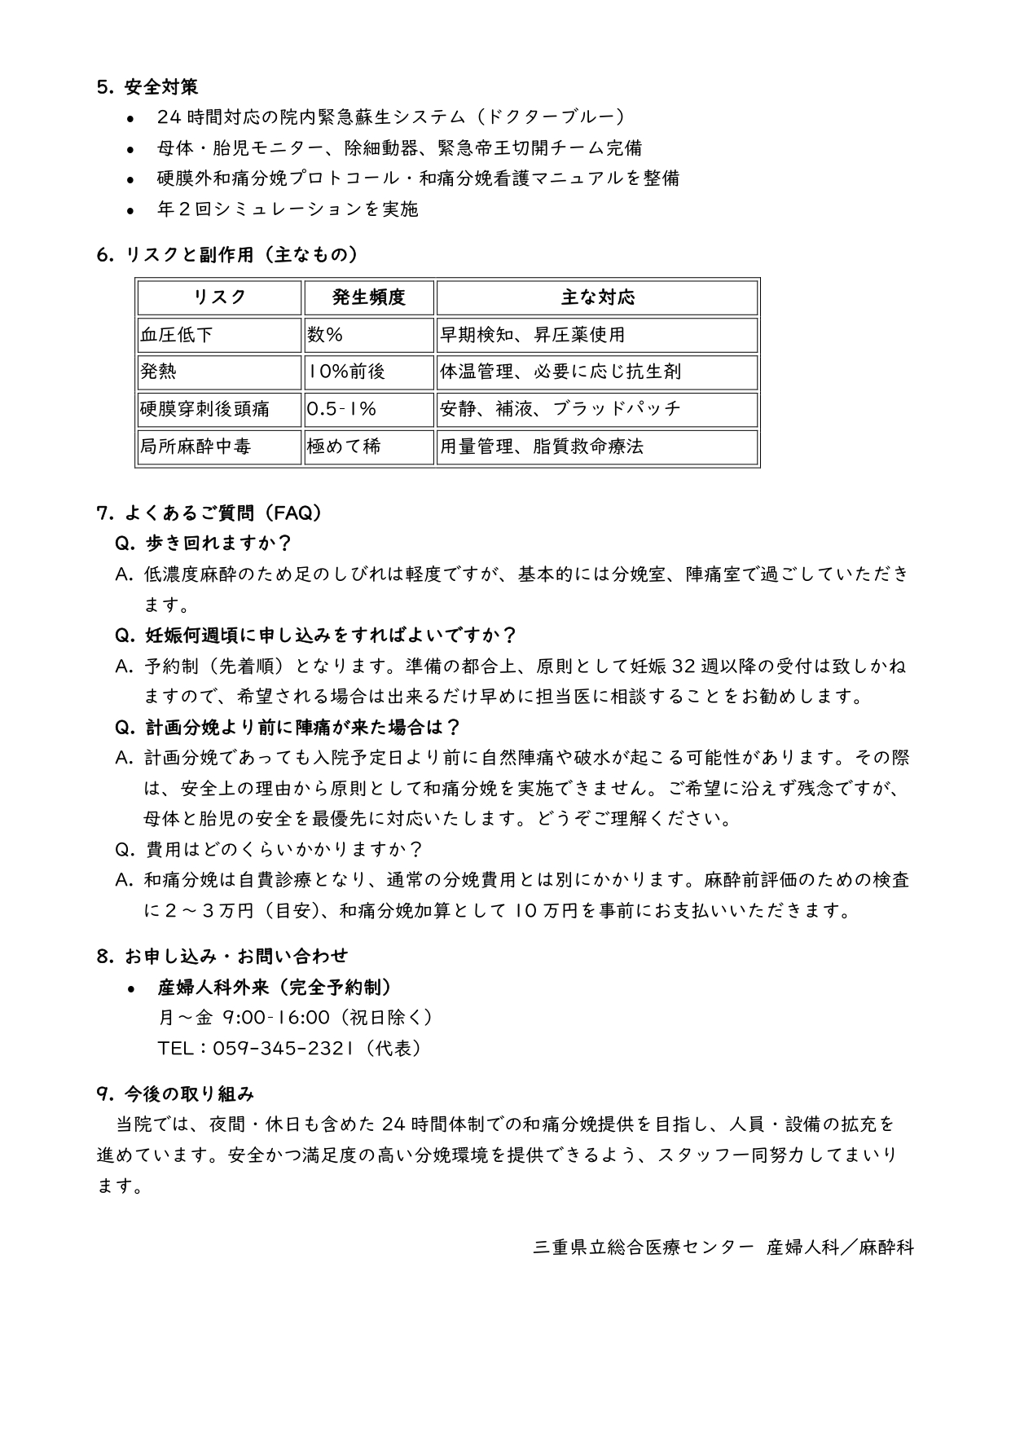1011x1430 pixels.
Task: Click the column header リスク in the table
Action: tap(219, 297)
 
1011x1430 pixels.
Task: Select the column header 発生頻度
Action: tap(368, 297)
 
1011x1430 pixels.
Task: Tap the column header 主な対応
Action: tap(597, 297)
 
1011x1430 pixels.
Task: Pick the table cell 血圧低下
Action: tap(177, 335)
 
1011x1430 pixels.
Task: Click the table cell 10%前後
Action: tap(346, 372)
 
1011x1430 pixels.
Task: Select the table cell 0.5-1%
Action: tap(341, 409)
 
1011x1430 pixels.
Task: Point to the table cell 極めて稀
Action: tap(344, 447)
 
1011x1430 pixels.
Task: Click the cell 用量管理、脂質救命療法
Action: tap(542, 447)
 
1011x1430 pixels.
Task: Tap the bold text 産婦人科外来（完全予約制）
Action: tap(275, 988)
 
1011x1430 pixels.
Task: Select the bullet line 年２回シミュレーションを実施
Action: tap(288, 209)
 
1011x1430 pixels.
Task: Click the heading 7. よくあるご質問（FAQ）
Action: tap(209, 513)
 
